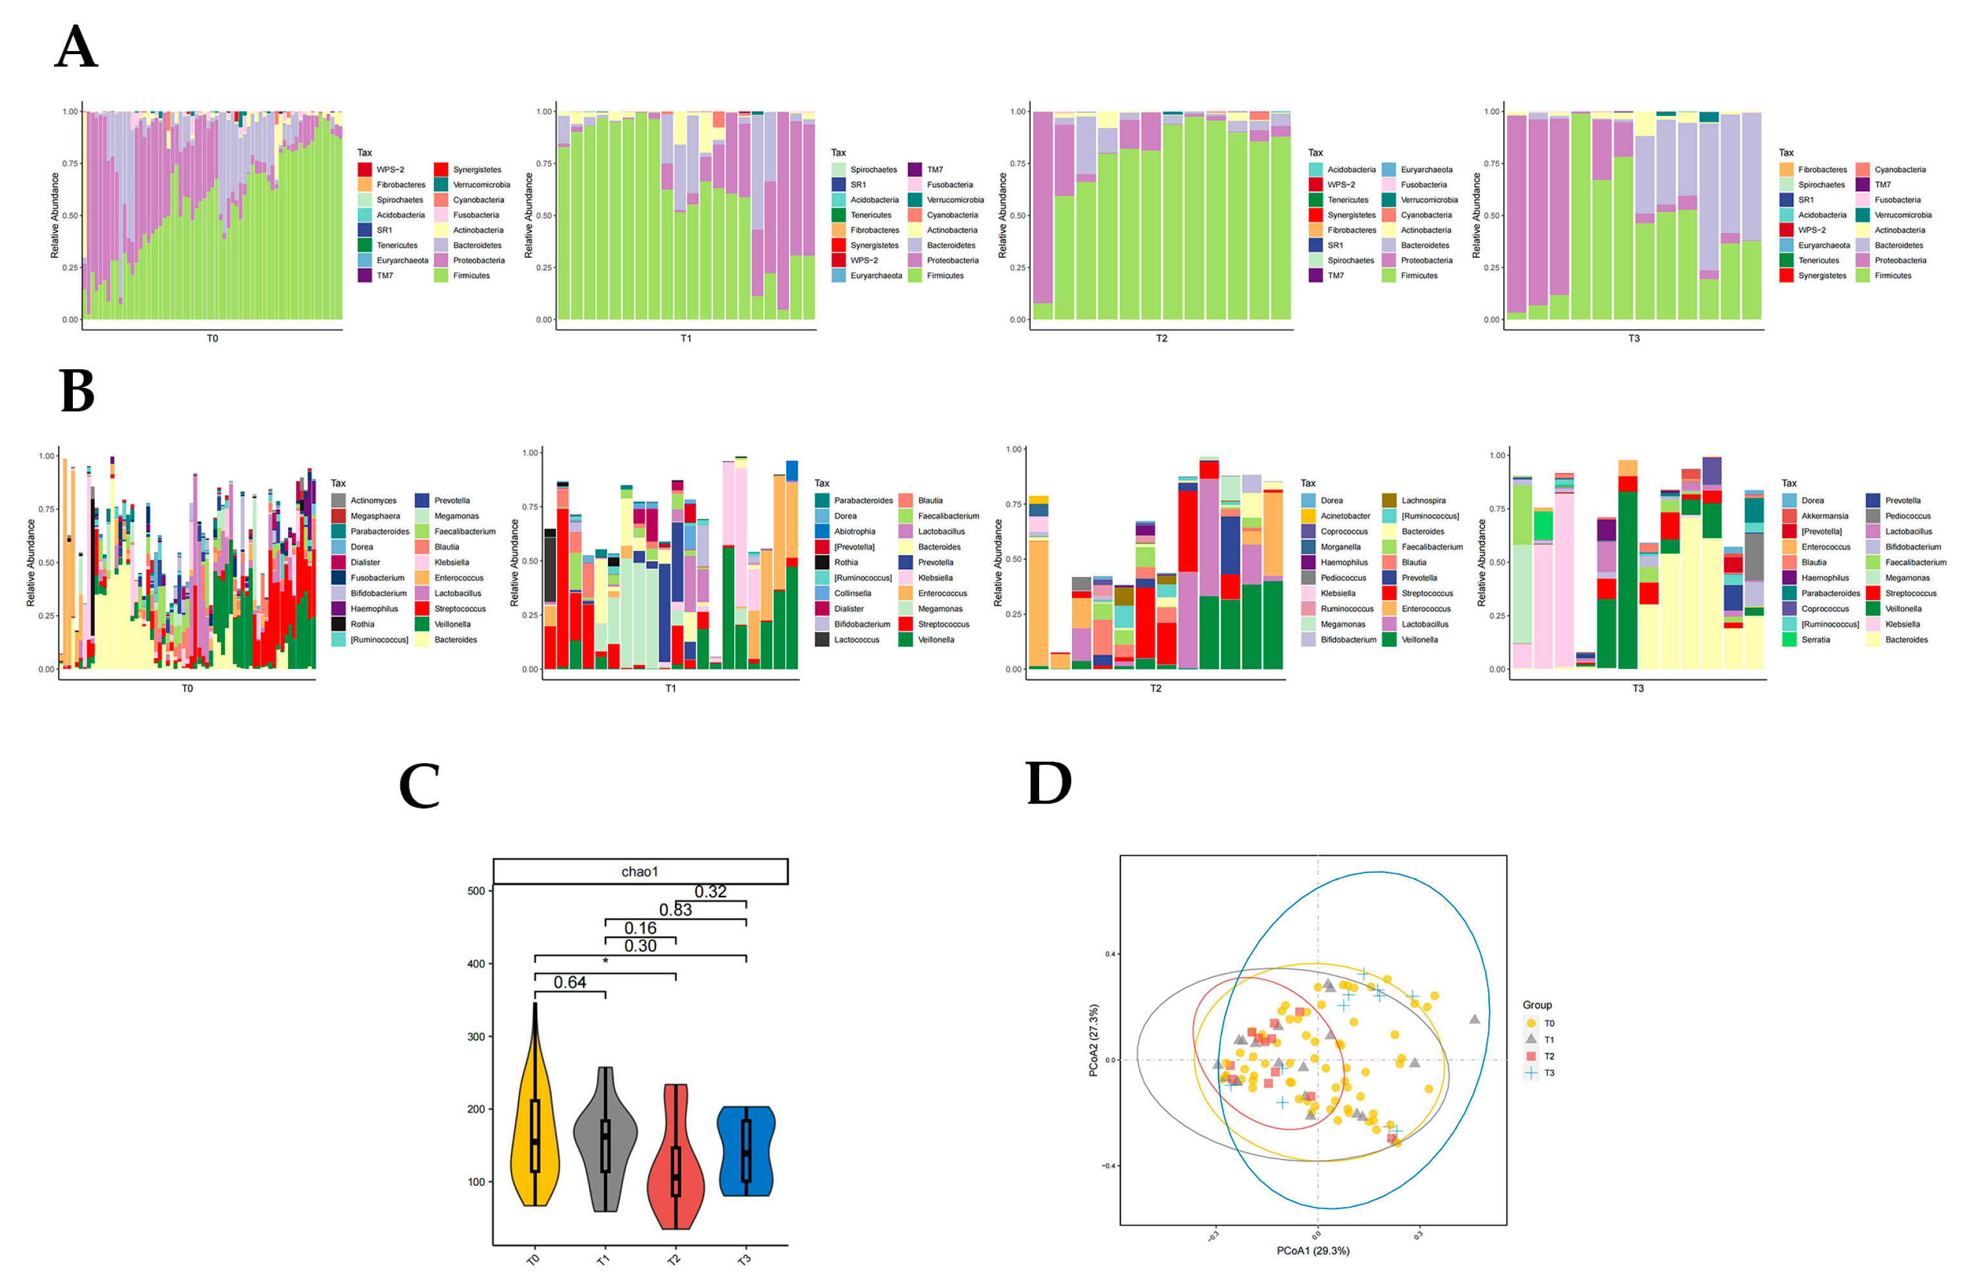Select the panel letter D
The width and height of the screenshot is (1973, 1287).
(1049, 783)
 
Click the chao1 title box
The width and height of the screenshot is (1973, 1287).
(640, 871)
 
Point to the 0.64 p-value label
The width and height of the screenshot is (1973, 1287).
(570, 982)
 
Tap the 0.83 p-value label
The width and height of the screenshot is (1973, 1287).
(675, 909)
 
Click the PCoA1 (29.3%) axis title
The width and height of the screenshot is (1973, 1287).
(1312, 1250)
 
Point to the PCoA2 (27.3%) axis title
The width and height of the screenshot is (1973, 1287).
(1093, 1041)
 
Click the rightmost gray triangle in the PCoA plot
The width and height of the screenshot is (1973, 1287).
(1474, 1018)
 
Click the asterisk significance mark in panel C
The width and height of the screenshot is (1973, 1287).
(605, 962)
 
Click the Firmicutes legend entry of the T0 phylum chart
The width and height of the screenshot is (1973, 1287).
(470, 275)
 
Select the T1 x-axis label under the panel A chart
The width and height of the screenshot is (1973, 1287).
(686, 338)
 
